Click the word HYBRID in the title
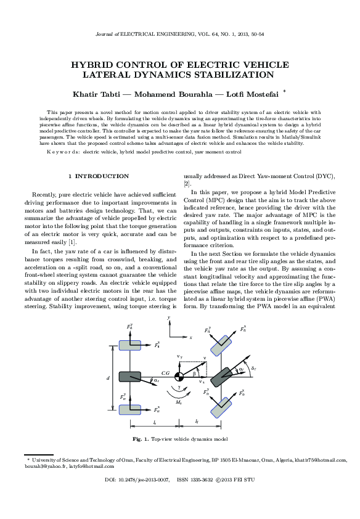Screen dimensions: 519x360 click(x=92, y=65)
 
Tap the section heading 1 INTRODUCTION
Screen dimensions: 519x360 click(x=99, y=176)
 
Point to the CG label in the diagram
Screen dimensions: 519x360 click(x=165, y=373)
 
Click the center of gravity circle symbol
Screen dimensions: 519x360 click(x=178, y=377)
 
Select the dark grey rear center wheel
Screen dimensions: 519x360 click(x=129, y=377)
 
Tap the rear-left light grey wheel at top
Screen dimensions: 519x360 click(x=129, y=345)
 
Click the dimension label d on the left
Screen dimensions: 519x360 click(x=107, y=376)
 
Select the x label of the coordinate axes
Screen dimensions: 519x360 click(x=191, y=338)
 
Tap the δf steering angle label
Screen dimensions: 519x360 click(x=254, y=368)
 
